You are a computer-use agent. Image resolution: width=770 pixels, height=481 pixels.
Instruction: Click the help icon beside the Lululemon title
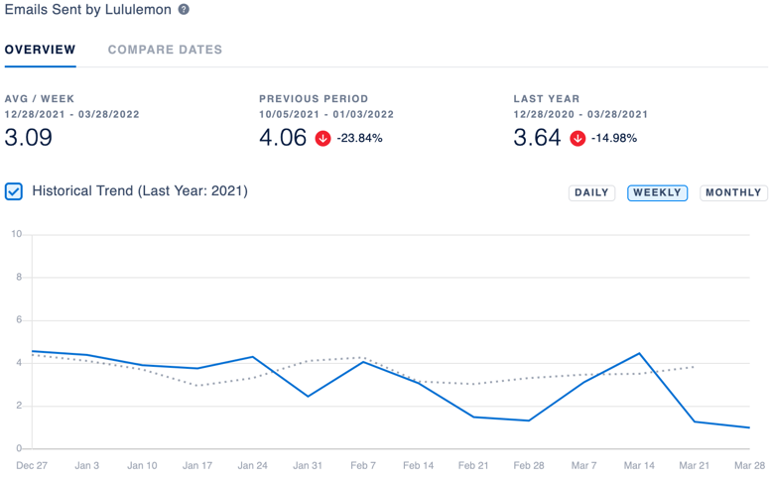184,9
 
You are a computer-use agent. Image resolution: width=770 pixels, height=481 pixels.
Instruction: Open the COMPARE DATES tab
165,50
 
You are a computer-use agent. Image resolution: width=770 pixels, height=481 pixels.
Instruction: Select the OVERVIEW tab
41,50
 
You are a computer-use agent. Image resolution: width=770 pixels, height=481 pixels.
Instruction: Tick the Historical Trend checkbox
14,191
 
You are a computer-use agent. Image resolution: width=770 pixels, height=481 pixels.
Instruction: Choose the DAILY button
591,192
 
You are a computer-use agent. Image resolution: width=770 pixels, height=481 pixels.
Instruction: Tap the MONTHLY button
733,192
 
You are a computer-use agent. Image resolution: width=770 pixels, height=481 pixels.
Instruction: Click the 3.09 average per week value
29,138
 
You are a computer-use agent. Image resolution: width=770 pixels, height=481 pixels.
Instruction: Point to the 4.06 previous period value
283,138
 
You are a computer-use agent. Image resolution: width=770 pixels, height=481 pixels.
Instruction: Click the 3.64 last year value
537,138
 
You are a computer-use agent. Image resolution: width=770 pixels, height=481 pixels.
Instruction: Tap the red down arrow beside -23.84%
323,139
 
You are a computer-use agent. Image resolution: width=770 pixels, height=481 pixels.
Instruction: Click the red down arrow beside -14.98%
577,139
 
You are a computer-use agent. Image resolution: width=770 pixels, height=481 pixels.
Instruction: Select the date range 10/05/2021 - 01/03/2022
326,114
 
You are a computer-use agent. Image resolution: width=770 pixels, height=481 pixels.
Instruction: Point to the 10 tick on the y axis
17,234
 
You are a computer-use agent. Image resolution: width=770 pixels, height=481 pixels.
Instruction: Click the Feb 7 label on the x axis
363,465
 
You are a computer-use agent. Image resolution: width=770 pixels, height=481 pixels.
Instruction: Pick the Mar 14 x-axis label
639,465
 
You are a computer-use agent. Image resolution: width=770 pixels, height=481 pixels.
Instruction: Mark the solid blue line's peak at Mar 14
639,353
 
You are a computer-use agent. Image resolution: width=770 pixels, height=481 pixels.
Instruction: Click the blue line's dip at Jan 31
308,396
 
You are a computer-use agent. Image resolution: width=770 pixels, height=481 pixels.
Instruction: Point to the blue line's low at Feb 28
529,421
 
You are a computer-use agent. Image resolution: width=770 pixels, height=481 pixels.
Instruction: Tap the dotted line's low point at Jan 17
197,385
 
